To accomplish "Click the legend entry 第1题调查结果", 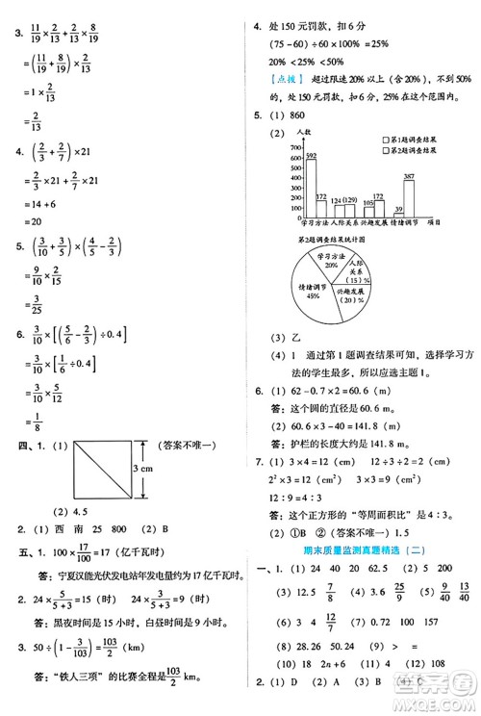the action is [419, 140].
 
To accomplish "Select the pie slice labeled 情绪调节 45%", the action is [315, 288].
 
